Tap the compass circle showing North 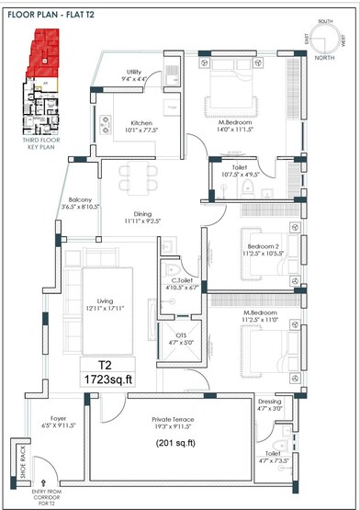coord(326,42)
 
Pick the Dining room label coord(141,217)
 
